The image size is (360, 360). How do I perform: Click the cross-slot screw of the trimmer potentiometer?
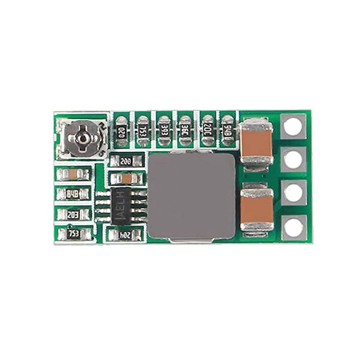[x=83, y=138]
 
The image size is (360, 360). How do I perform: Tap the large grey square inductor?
[x=192, y=196]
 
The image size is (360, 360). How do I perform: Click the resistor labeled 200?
[x=126, y=161]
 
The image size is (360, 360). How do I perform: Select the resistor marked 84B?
[x=73, y=194]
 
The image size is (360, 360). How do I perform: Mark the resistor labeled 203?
[x=73, y=215]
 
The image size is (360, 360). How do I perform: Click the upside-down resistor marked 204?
[x=126, y=235]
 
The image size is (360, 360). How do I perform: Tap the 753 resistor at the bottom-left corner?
[x=74, y=234]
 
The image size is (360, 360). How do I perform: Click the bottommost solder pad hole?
[x=293, y=228]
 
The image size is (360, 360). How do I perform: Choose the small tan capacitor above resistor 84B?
[x=73, y=175]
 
